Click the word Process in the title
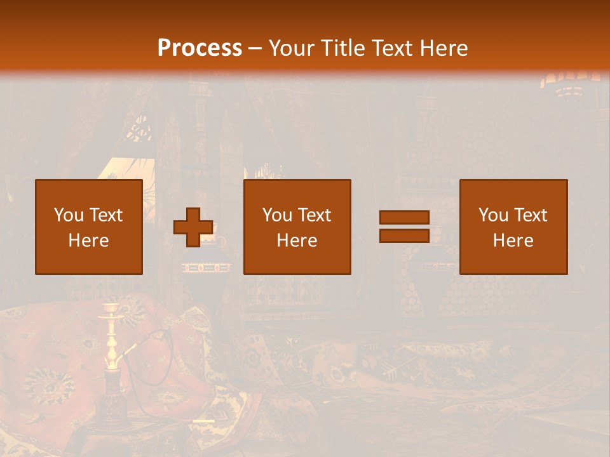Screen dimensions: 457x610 200,48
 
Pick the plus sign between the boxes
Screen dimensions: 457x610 193,227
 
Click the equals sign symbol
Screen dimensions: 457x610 404,227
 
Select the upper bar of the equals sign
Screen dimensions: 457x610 404,218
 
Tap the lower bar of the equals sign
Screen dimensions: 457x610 404,235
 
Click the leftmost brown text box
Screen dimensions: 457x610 89,227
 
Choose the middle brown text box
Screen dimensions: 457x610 297,227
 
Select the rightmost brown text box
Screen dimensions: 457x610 513,227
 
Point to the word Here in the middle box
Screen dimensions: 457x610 297,241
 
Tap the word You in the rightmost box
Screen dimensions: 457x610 493,215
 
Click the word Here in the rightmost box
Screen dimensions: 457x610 513,241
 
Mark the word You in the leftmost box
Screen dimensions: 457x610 69,215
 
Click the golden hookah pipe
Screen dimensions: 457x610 112,336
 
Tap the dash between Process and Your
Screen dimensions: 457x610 255,48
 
